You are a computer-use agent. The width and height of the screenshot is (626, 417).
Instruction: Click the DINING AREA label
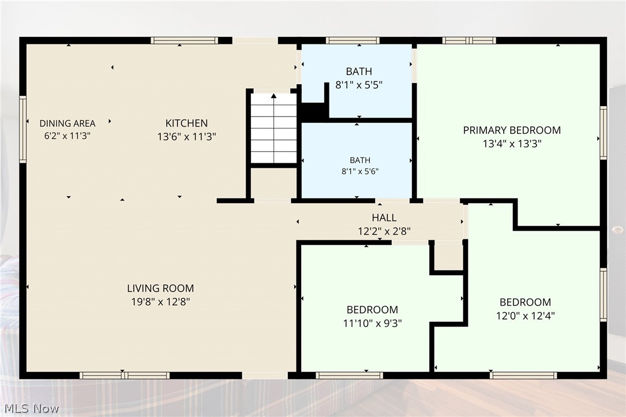point(68,123)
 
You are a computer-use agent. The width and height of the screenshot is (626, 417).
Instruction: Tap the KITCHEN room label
point(186,123)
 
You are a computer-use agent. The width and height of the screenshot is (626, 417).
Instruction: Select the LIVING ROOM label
point(160,288)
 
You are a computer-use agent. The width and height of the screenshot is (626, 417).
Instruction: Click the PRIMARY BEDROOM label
point(512,130)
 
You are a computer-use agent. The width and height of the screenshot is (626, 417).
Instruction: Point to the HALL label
point(384,217)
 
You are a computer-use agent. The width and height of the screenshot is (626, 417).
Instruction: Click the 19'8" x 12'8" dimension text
point(160,302)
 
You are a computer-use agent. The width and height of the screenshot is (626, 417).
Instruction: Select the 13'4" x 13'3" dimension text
point(512,144)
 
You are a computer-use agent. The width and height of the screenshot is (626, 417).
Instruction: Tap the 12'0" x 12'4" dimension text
point(526,315)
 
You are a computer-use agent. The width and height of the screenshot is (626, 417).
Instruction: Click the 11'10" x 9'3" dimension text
point(373,323)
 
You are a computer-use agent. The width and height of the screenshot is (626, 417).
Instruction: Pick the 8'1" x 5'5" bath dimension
point(359,85)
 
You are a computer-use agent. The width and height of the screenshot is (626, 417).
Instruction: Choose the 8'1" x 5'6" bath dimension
point(359,172)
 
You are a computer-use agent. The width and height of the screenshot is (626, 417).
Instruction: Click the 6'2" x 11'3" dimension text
point(68,136)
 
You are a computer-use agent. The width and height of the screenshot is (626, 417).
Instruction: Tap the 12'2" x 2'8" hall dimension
point(384,231)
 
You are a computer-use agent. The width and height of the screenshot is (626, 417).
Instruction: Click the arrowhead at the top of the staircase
point(273,96)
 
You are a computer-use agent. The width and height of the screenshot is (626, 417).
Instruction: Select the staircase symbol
point(273,128)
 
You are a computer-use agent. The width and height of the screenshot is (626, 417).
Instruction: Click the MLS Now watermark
point(32,408)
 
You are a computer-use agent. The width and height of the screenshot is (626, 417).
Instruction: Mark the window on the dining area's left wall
point(23,129)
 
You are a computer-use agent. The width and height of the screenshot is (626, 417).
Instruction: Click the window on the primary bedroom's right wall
point(603,133)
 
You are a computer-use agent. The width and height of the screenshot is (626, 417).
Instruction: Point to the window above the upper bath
point(353,40)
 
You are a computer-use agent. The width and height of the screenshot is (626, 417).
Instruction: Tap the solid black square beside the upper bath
point(313,112)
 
